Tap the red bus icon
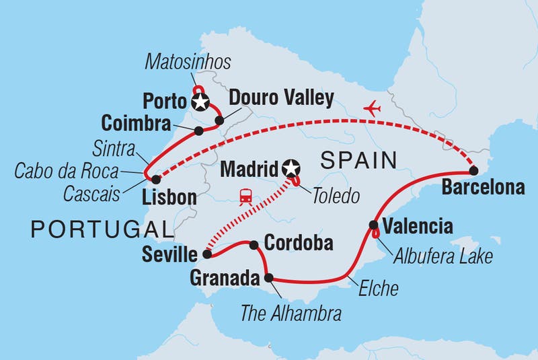pos(245,196)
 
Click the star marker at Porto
pos(200,102)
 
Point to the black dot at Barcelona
pos(473,170)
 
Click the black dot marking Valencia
pos(373,225)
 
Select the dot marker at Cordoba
pos(255,245)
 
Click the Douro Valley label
pos(280,98)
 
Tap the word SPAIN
pos(358,161)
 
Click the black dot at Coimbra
pos(198,131)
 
